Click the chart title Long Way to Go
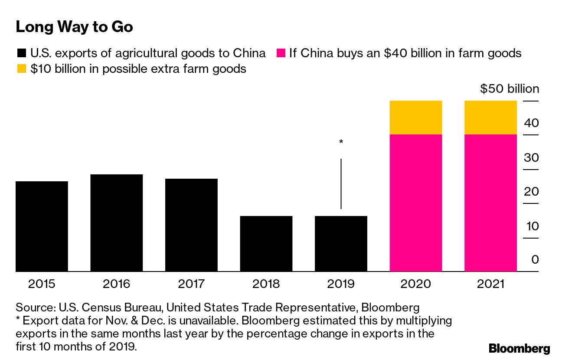(74, 27)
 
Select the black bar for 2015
(42, 226)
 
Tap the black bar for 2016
(116, 223)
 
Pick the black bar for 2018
(266, 244)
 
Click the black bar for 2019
(341, 244)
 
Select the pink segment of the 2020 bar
(416, 203)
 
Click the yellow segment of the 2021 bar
(490, 118)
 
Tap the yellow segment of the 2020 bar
(416, 118)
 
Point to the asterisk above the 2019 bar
(341, 142)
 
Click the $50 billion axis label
(510, 89)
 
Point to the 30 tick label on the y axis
(531, 157)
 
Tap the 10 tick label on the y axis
(531, 226)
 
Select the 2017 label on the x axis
(191, 284)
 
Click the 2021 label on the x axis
(490, 284)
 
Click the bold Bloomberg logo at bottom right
(519, 348)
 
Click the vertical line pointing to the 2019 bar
(341, 184)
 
